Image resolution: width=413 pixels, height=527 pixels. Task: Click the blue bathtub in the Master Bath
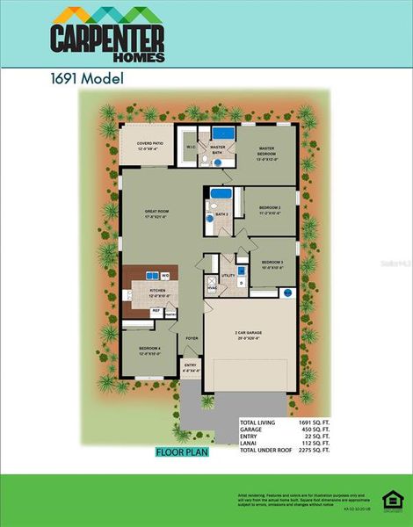221,134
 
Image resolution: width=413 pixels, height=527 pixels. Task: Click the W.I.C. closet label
190,148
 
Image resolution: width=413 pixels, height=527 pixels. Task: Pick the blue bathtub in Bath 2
221,194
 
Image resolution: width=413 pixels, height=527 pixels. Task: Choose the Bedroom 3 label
272,264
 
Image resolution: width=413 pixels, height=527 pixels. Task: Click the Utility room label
228,276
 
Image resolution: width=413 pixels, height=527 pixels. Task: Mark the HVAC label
212,288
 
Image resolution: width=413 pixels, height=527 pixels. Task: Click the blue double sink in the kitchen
145,274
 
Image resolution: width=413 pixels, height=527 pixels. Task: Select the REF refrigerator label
156,311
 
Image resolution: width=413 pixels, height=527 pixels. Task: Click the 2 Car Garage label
248,335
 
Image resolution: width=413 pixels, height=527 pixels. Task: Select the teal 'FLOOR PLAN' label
182,453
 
